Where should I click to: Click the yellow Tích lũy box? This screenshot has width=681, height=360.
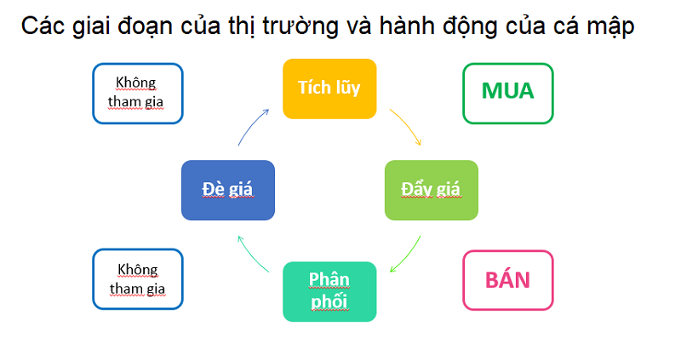coord(329,89)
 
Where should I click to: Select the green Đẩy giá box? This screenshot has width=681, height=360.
coord(432,190)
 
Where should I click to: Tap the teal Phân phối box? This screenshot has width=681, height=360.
coord(329,291)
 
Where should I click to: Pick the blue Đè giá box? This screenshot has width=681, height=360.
coord(228,190)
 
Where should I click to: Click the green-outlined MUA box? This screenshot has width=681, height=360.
coord(508,94)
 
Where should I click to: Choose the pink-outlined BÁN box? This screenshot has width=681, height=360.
coord(508,280)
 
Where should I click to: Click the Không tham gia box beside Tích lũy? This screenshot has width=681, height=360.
coord(138,94)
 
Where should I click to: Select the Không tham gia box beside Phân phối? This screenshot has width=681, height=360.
coord(138,279)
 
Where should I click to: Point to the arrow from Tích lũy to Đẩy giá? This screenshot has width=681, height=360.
coord(409,123)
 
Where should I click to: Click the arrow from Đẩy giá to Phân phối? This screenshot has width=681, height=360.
coord(409,257)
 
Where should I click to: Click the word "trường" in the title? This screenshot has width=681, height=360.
coord(300,26)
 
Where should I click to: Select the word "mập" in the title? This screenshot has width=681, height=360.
coord(610,27)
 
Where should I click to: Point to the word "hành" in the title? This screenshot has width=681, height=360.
coord(407,26)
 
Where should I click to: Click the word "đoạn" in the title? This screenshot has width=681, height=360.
coord(145,26)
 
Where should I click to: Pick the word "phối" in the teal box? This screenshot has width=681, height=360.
coord(329,301)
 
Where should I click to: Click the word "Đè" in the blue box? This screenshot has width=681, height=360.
coord(213,189)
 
